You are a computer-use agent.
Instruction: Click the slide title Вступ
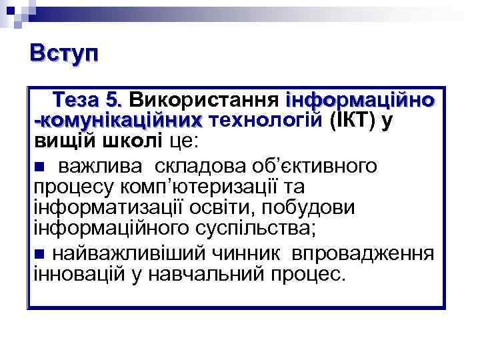click(x=64, y=54)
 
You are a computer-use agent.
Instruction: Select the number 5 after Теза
click(x=114, y=101)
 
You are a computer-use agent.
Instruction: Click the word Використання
click(x=203, y=101)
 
